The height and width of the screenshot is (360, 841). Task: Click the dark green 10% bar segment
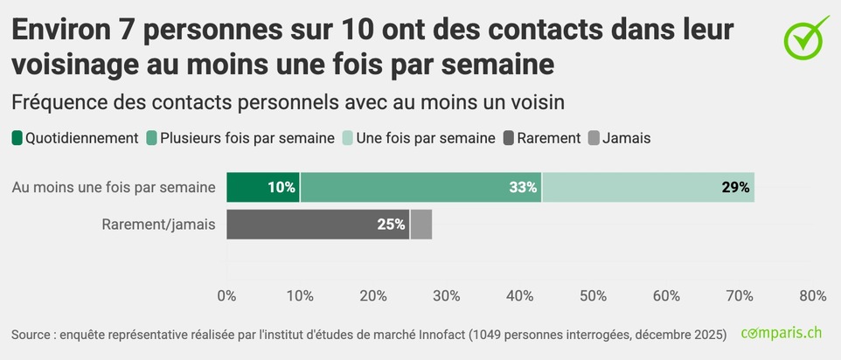point(263,187)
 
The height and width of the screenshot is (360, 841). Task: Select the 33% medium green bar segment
point(420,187)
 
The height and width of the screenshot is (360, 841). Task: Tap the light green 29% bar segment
point(648,187)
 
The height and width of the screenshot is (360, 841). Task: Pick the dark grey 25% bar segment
point(317,224)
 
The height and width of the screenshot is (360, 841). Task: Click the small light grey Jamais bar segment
point(420,224)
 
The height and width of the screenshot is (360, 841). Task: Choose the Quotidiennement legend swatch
point(17,138)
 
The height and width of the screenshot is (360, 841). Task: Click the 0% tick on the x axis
point(226,296)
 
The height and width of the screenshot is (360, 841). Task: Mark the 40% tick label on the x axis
point(520,296)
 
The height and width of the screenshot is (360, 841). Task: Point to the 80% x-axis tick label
point(812,296)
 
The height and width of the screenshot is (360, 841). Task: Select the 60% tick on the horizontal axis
point(666,296)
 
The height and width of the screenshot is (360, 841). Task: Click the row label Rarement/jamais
point(158,225)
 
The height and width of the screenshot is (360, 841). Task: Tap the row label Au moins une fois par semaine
point(114,187)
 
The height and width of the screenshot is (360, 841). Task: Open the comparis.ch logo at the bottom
point(781,333)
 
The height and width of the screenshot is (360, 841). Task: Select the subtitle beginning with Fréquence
point(288,101)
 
